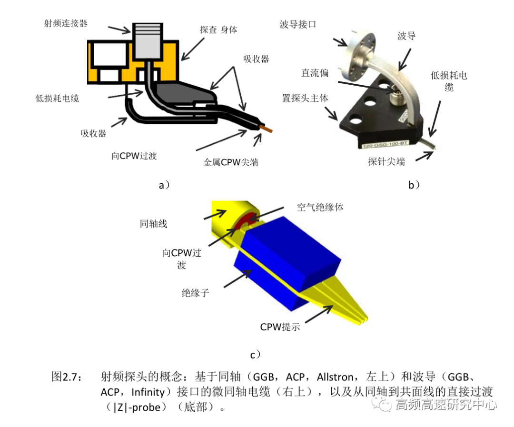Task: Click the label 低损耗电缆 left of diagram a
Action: pos(57,99)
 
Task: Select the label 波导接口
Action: pos(298,23)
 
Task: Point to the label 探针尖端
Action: pos(386,161)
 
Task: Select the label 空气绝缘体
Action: pos(320,207)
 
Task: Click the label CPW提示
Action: pos(280,327)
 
